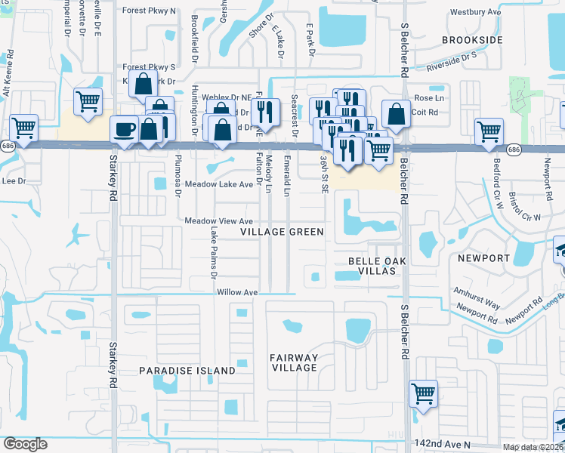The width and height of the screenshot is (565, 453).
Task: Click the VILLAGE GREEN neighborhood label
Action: click(282, 232)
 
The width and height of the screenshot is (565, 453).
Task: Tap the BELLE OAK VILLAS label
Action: click(377, 266)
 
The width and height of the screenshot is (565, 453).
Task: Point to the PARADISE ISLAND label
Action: click(178, 371)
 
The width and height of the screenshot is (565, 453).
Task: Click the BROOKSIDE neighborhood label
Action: click(472, 39)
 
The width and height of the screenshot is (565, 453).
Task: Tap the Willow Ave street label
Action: click(237, 292)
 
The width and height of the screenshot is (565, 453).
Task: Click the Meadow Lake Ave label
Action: click(219, 184)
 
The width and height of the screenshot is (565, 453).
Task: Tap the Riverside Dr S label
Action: click(452, 60)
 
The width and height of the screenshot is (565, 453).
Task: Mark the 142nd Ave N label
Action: click(442, 445)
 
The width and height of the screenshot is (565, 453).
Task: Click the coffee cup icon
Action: click(124, 128)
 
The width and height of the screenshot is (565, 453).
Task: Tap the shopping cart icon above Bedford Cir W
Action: click(489, 131)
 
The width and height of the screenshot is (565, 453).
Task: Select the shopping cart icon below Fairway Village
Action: click(423, 393)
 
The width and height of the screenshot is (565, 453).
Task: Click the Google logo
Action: click(25, 444)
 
